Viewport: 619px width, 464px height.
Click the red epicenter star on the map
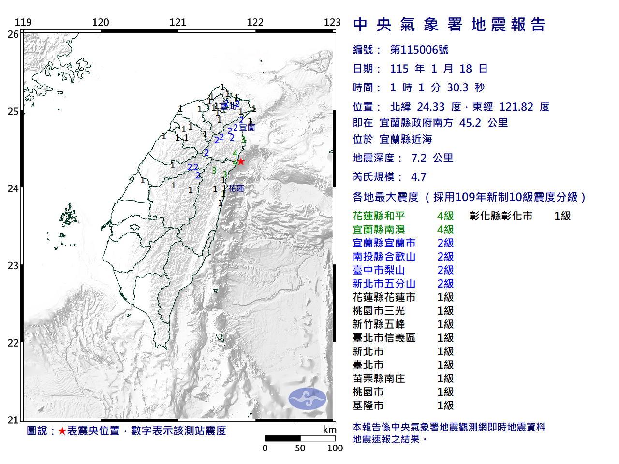240,161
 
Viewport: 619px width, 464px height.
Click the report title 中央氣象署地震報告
449,25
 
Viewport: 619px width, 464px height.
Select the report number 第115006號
419,50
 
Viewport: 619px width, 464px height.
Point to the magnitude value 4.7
418,177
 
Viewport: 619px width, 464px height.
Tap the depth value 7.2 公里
432,158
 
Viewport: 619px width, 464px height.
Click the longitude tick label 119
23,22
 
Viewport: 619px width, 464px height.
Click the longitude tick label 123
332,22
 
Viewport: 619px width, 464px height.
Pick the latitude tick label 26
13,34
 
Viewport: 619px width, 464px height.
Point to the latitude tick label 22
13,343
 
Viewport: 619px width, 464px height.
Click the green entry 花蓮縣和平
379,216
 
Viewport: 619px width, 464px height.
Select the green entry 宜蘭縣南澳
379,230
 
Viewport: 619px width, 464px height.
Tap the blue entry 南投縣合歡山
384,257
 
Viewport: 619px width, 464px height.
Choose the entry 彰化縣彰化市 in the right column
501,216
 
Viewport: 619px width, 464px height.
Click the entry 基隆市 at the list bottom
368,406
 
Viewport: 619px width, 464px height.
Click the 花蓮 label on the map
236,188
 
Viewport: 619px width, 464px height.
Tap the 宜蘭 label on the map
247,128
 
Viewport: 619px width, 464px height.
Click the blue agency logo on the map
307,399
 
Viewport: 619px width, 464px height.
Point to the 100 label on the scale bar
335,448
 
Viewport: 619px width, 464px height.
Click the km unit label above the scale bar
329,430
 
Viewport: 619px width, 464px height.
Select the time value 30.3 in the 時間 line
457,87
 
